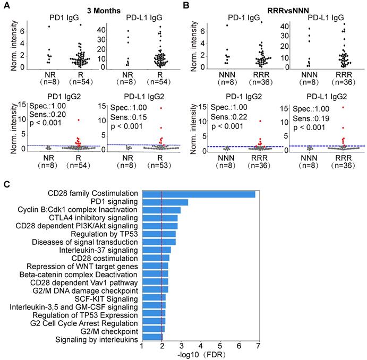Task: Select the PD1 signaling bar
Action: coord(165,202)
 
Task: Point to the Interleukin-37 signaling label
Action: coord(103,249)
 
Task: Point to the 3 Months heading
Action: coord(98,9)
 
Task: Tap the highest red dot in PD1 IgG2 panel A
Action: coord(79,120)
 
